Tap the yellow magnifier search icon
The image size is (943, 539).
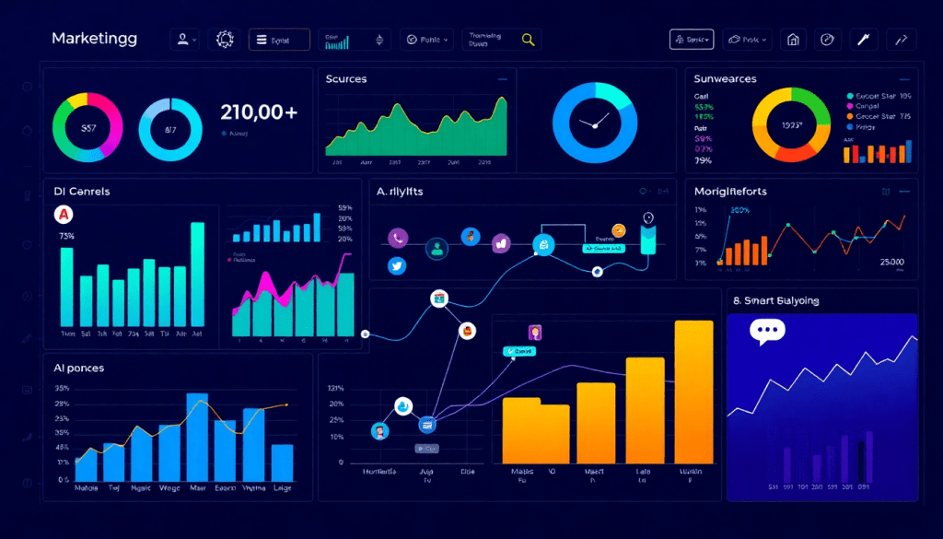click(528, 40)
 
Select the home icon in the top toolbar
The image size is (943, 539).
click(793, 40)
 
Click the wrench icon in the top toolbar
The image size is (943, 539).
click(863, 40)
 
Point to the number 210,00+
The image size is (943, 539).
click(259, 112)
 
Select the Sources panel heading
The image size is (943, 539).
click(346, 79)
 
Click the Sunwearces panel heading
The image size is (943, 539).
click(725, 79)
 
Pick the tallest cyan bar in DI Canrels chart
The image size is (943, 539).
click(197, 275)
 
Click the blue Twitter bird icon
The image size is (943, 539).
click(398, 265)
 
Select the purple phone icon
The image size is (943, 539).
click(398, 238)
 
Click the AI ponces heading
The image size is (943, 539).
click(78, 368)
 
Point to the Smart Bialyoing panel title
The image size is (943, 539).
click(775, 300)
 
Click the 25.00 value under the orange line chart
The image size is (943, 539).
click(891, 263)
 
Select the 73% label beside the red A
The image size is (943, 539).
click(66, 236)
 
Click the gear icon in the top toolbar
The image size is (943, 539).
click(225, 40)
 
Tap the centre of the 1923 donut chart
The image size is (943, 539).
click(792, 124)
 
